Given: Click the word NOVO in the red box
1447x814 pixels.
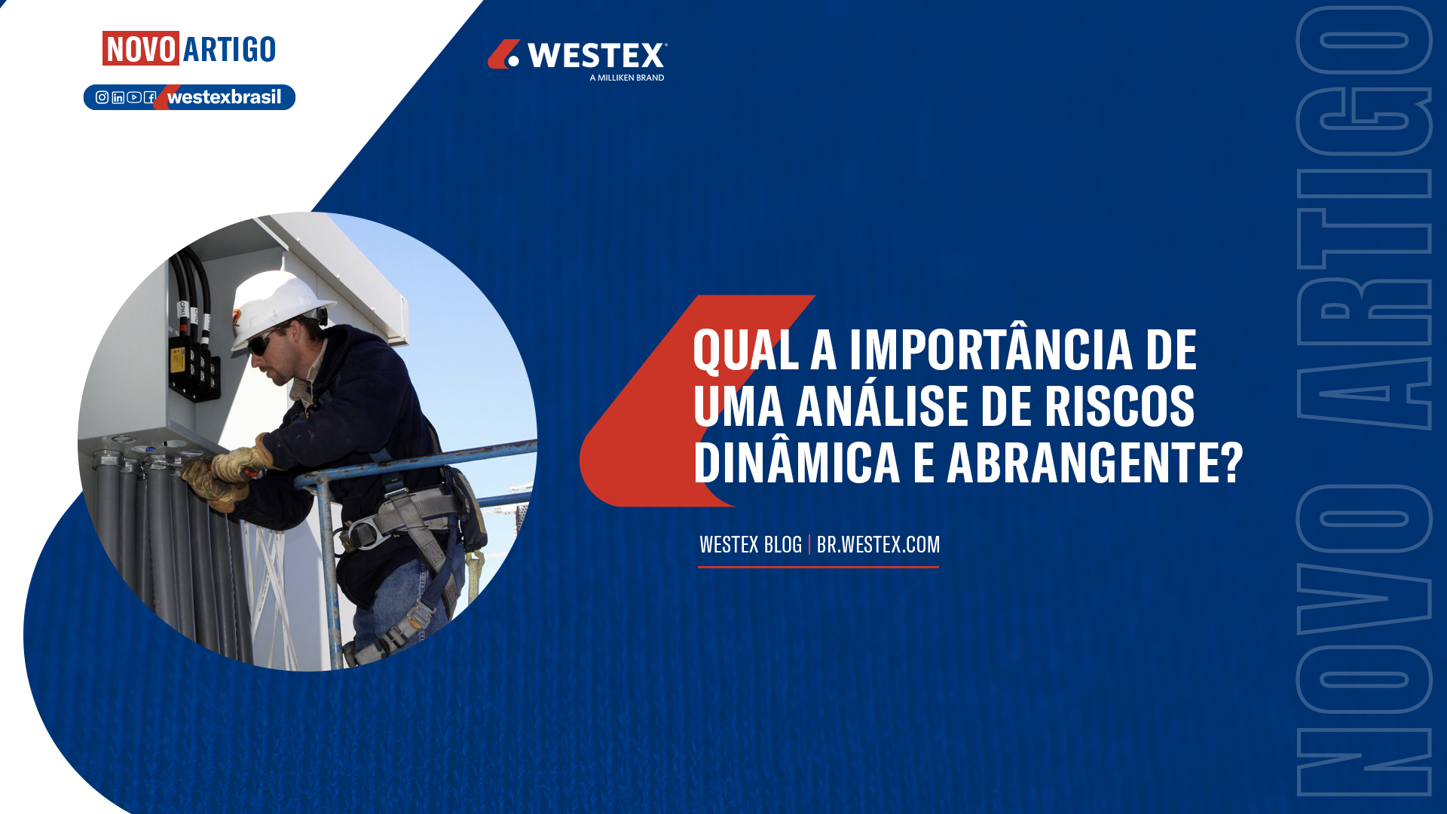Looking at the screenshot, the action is point(141,49).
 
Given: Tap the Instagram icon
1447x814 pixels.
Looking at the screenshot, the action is point(102,97).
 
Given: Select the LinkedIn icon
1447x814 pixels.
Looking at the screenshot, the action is point(118,97).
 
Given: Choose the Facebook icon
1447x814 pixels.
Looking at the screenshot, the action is point(150,97).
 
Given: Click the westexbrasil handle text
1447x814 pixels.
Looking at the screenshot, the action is point(224,97).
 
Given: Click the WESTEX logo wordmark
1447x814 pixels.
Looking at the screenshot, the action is point(596,56).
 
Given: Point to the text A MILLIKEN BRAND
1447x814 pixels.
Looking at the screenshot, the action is point(627,78).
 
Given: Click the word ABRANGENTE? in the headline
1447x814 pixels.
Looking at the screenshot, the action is point(1095,462).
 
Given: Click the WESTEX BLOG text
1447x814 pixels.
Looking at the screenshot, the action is point(751,544).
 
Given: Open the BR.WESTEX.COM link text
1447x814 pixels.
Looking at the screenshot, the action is point(878,544).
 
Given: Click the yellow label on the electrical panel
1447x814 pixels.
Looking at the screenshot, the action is point(177,361).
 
